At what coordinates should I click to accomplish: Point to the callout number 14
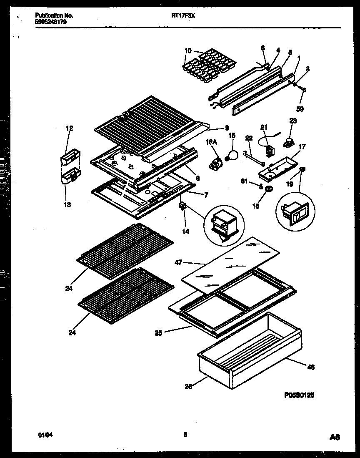(x=185, y=231)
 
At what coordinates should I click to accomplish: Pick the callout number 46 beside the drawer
(x=310, y=367)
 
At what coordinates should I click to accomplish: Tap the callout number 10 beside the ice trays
(x=188, y=51)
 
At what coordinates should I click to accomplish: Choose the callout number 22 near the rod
(x=249, y=138)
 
